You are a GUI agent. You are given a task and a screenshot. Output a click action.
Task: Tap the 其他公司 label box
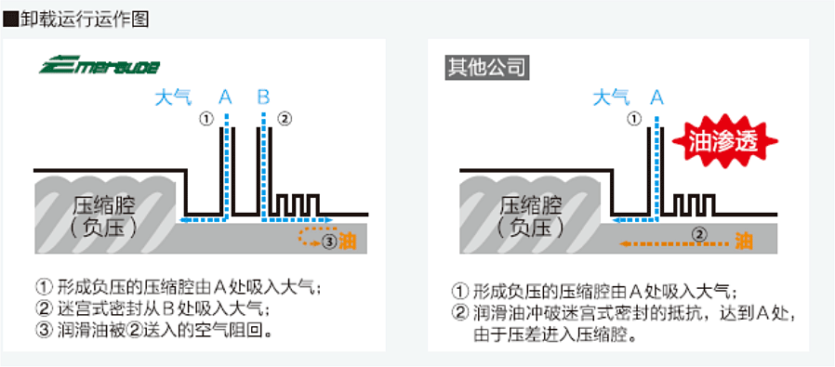pyautogui.click(x=487, y=67)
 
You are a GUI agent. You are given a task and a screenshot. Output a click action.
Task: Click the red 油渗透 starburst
pyautogui.click(x=724, y=141)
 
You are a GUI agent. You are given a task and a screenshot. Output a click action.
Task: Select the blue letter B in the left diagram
pyautogui.click(x=263, y=96)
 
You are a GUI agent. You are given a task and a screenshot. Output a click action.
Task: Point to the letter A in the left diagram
pyautogui.click(x=225, y=96)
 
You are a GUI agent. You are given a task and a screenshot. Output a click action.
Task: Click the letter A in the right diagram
pyautogui.click(x=657, y=96)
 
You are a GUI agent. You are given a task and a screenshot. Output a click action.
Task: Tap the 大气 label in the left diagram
pyautogui.click(x=172, y=96)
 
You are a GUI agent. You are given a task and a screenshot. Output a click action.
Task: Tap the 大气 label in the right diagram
pyautogui.click(x=611, y=96)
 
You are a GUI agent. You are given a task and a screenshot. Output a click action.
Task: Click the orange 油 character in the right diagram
pyautogui.click(x=744, y=242)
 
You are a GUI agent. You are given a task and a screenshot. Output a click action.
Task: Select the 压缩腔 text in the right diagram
pyautogui.click(x=531, y=205)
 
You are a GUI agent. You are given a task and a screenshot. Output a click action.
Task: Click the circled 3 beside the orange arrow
pyautogui.click(x=328, y=242)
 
